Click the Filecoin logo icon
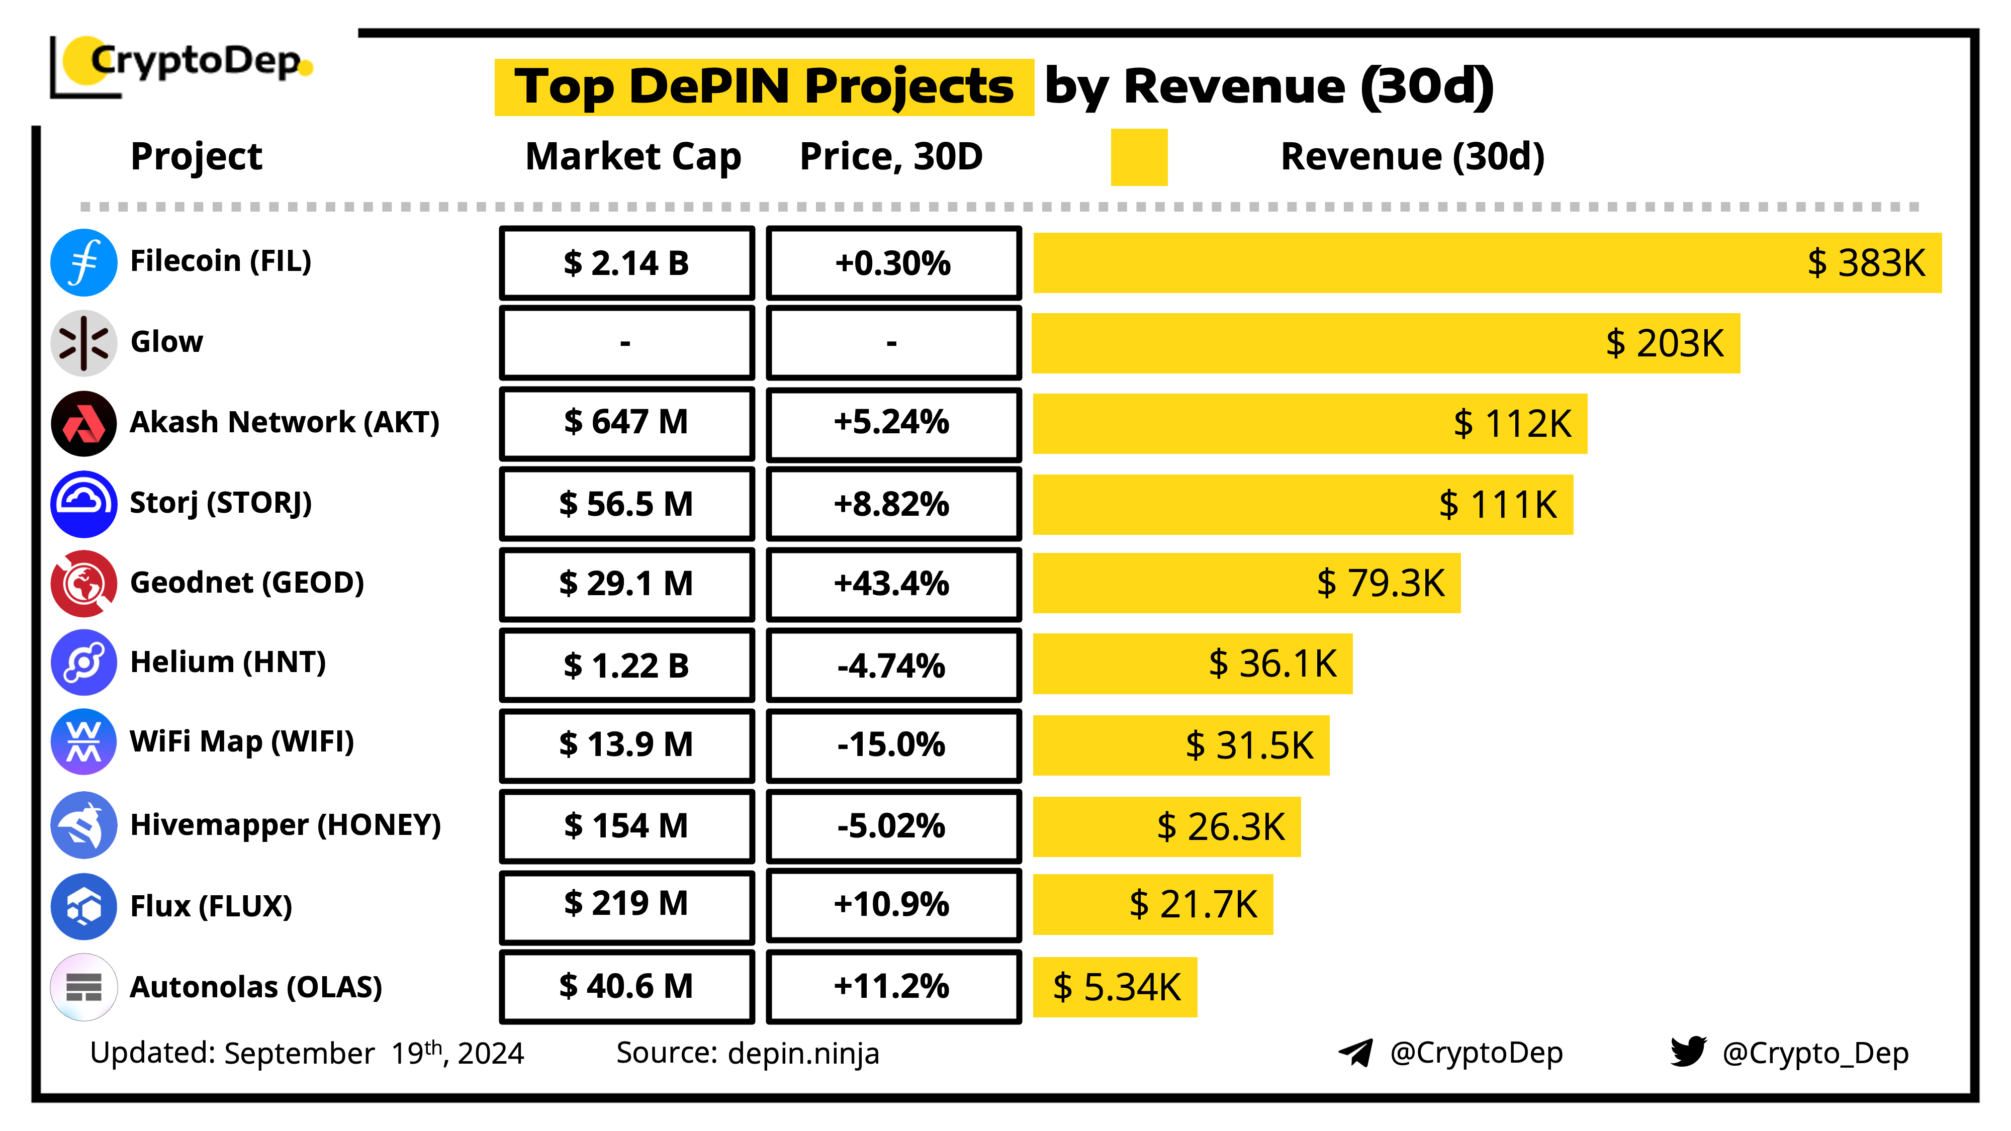[x=83, y=262]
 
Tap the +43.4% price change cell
[x=892, y=584]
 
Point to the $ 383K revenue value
[x=1866, y=263]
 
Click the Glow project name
[x=166, y=342]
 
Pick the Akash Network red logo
[x=83, y=424]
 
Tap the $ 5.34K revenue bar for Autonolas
[x=1115, y=987]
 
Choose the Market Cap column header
[x=632, y=157]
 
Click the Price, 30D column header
[x=891, y=157]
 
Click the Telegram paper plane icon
[x=1356, y=1052]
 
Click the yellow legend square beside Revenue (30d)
[x=1138, y=157]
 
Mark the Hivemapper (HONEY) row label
[x=285, y=825]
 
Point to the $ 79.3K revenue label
[x=1380, y=583]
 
